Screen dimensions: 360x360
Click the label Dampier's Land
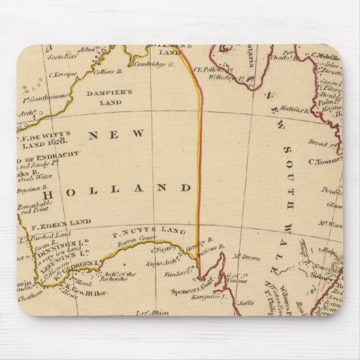click(105, 97)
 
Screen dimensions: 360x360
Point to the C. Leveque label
click(60, 90)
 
